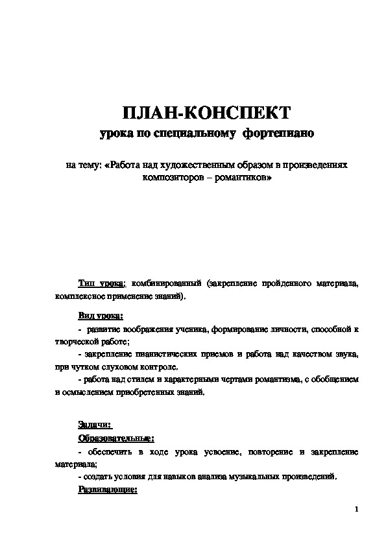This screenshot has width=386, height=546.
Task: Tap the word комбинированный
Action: point(164,284)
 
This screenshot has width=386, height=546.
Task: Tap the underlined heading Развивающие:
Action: point(108,490)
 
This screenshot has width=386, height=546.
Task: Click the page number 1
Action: point(357,508)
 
